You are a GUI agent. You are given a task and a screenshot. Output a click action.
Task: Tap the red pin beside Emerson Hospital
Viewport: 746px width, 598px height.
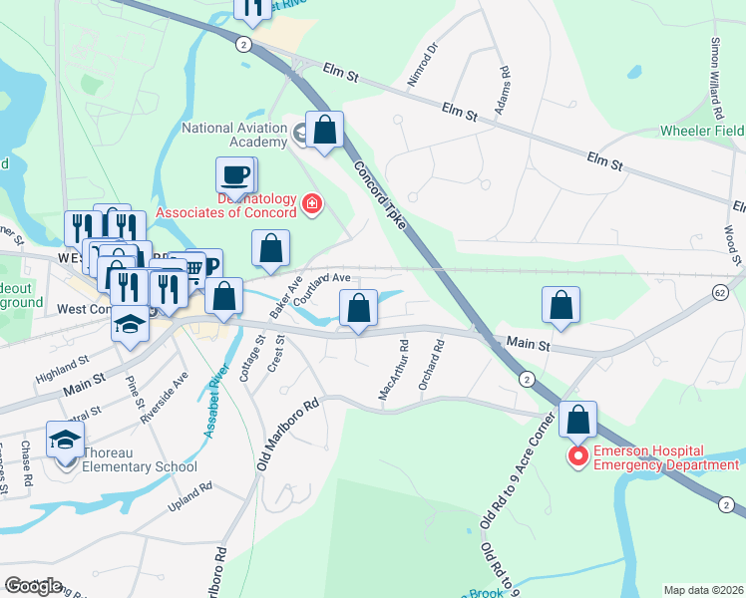click(577, 456)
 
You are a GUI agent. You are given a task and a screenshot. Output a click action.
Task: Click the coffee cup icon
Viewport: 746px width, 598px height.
click(235, 175)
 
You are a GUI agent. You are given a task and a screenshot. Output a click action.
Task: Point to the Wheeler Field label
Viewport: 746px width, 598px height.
click(702, 131)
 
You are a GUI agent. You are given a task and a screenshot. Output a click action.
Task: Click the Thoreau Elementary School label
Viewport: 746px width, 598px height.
click(140, 466)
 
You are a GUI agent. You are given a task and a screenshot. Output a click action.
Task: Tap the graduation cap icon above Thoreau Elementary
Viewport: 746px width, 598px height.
click(66, 440)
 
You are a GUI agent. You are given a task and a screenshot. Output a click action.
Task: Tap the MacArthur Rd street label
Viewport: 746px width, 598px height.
click(393, 373)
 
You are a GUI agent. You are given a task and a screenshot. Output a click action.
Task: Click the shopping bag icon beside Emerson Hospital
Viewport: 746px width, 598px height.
click(578, 420)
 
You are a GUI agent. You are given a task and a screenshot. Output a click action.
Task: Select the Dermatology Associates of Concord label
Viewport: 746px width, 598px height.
click(227, 212)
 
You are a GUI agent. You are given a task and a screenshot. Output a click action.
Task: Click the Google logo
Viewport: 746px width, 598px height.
click(34, 586)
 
